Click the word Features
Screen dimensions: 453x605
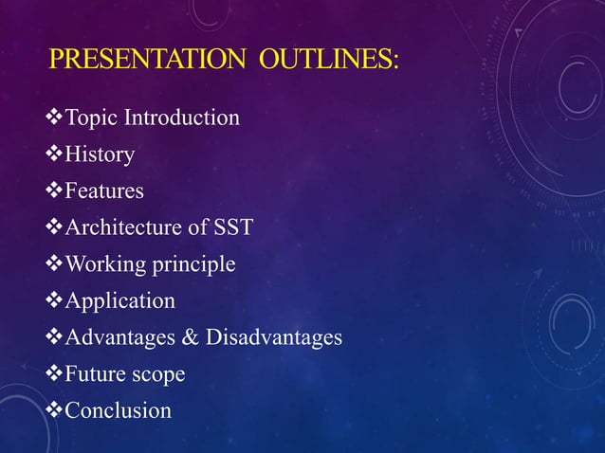[103, 191]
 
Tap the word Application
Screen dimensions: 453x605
[119, 301]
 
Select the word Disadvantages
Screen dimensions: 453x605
[275, 337]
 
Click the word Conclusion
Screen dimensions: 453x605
[118, 410]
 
